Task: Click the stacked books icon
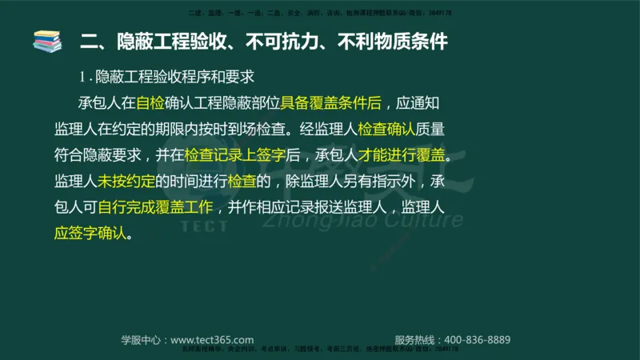46,41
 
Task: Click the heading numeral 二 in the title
89,41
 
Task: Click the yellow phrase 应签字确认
90,234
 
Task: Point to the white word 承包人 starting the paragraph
97,103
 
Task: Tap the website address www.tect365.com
212,340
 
